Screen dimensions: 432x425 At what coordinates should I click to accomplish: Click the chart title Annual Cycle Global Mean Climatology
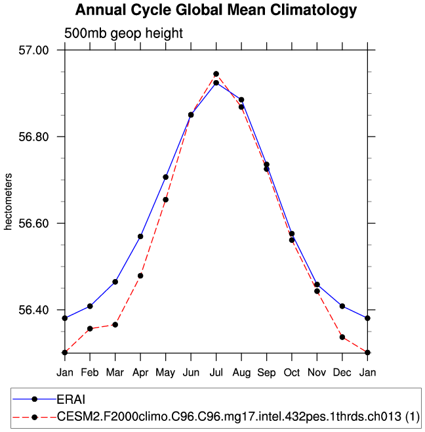(216, 11)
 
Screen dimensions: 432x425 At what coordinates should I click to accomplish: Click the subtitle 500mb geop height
(123, 33)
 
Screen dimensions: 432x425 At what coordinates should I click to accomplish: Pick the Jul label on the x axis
(216, 372)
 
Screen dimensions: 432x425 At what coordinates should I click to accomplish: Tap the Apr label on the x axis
(140, 372)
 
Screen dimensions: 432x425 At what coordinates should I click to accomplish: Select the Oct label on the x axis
(292, 372)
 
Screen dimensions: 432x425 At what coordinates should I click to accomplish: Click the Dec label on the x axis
(342, 372)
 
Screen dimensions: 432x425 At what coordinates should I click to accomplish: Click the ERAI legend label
(71, 399)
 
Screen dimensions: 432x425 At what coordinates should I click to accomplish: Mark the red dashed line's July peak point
(216, 74)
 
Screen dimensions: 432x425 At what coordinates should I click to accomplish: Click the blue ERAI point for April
(140, 236)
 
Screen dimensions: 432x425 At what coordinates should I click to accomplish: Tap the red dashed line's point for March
(115, 324)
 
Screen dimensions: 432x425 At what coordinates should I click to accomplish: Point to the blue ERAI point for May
(166, 177)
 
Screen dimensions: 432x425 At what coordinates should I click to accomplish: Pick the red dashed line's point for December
(342, 337)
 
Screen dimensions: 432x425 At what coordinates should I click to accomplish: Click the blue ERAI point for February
(90, 306)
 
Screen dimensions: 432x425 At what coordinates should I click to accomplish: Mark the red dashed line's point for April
(140, 276)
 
